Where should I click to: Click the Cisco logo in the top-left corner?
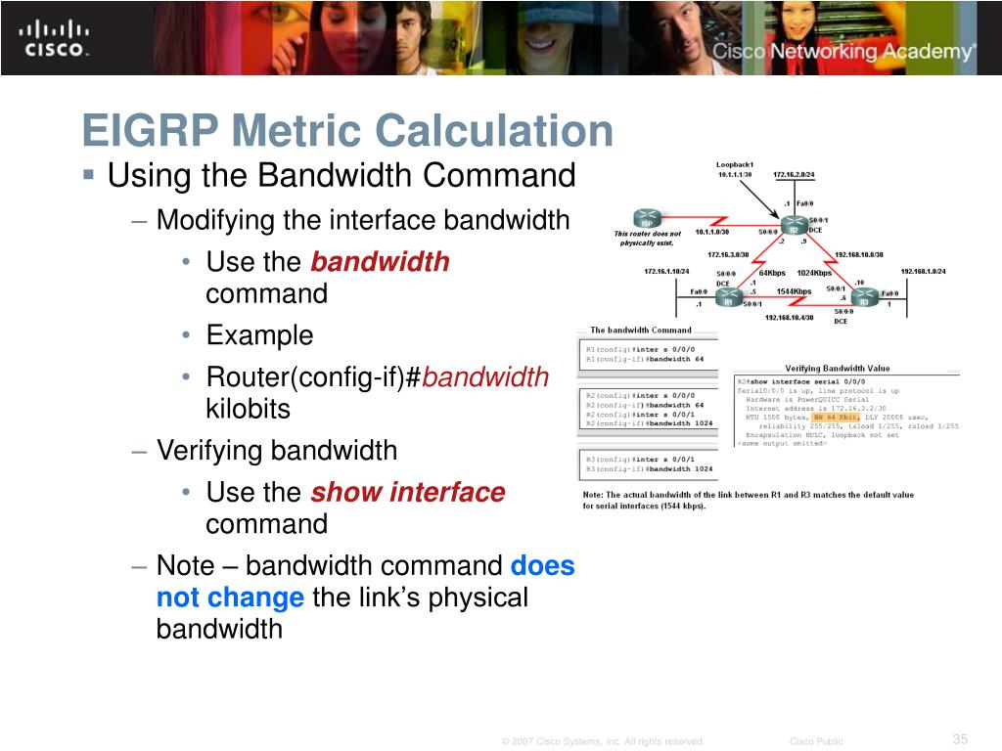tap(55, 38)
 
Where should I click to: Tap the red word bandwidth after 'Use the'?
tap(380, 262)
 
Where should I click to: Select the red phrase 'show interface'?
tap(407, 492)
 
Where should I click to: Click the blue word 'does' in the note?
tap(542, 566)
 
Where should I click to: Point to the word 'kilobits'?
tap(248, 409)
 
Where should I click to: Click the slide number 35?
tap(959, 738)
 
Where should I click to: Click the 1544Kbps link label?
tap(794, 291)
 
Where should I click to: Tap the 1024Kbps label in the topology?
tap(814, 273)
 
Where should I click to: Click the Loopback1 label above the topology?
tap(734, 164)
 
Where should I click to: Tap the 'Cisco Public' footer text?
tap(815, 741)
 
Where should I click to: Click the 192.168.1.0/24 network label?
tap(923, 272)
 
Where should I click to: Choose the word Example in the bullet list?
tap(259, 335)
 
